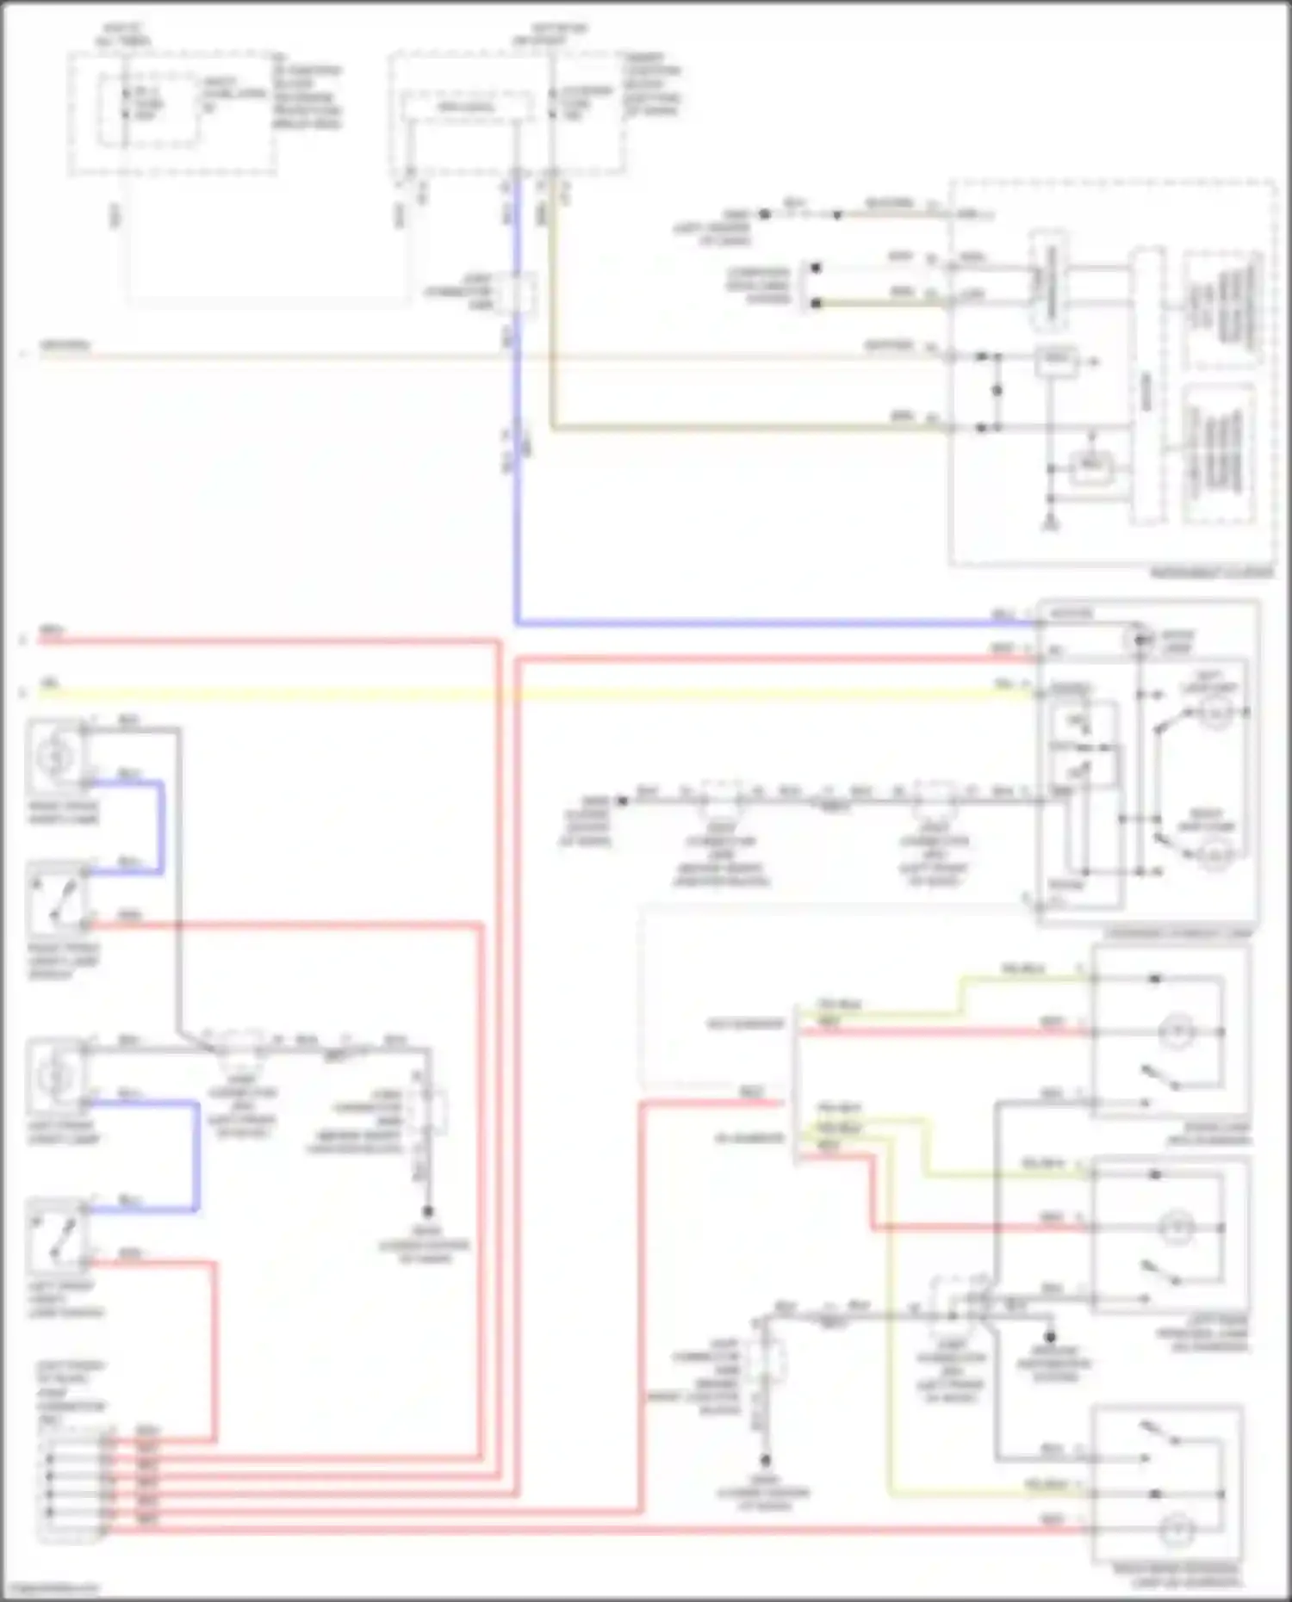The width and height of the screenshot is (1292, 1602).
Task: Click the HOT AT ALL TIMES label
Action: tap(124, 34)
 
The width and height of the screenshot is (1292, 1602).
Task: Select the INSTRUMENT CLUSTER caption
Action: tap(1211, 572)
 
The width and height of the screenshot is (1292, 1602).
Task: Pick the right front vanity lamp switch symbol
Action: tap(57, 898)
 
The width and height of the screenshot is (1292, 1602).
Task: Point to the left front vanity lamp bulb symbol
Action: tap(55, 1076)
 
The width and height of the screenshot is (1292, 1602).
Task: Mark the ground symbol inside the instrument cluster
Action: tap(1050, 522)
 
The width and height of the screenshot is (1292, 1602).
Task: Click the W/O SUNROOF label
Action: tap(746, 1024)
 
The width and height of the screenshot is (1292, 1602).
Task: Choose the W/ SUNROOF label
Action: tap(749, 1138)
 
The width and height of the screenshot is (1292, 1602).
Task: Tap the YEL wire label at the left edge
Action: tap(51, 683)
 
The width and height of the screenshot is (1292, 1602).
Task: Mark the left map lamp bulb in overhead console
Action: tap(1216, 714)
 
